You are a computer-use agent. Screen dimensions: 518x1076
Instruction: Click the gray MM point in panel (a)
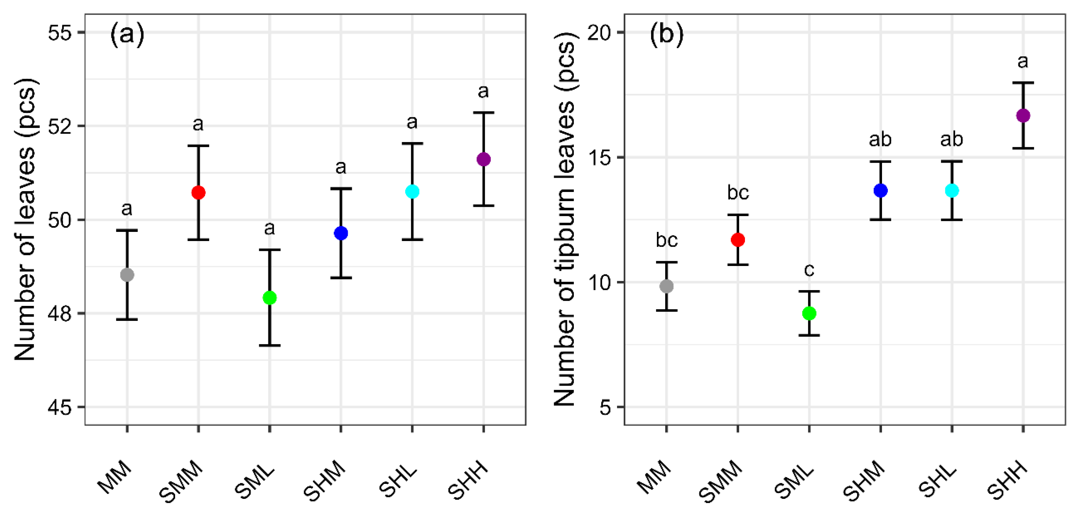[x=127, y=275]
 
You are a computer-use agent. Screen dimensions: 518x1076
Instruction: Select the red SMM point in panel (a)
[x=198, y=193]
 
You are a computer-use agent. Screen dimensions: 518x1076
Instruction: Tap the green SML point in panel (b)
[x=809, y=313]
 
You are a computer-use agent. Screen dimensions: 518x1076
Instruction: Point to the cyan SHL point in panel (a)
[x=412, y=192]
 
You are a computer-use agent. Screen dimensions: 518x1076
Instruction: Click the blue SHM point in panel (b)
[x=880, y=190]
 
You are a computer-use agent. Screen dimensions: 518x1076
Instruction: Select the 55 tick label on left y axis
[x=60, y=33]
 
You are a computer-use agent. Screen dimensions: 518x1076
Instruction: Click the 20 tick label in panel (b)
[x=599, y=33]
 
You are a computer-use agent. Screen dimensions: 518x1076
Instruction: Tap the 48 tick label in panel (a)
[x=60, y=313]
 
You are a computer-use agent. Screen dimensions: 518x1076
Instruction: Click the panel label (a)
[x=127, y=34]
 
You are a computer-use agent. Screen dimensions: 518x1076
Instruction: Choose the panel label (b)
[x=667, y=34]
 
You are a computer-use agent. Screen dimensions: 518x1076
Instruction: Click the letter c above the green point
[x=809, y=270]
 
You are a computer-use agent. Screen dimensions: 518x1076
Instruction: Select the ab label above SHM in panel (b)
[x=880, y=139]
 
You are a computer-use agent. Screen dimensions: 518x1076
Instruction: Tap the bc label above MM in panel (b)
[x=667, y=240]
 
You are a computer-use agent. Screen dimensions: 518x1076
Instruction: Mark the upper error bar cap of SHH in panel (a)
[x=484, y=112]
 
